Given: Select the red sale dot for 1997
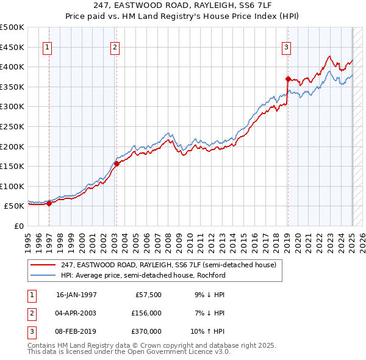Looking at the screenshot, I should pos(49,204).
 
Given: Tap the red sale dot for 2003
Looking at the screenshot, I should pos(116,164).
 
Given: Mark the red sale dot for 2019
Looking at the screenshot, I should pos(287,79).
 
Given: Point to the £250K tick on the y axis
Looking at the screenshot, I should pos(13,126).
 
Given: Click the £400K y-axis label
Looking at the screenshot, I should pos(13,67).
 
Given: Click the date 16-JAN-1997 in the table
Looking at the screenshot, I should pos(76,295).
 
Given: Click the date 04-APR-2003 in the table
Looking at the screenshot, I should pos(76,313).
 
